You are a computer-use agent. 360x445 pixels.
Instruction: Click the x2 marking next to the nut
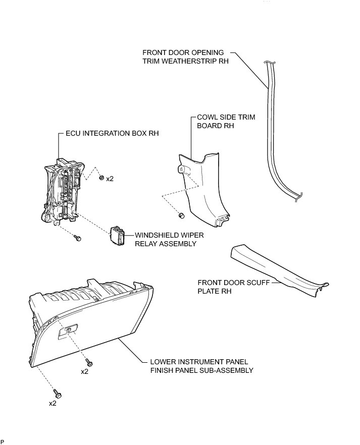click(x=110, y=179)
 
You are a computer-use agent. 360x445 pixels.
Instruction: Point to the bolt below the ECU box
click(x=77, y=237)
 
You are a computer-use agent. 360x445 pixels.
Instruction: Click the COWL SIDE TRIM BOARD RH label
click(x=226, y=122)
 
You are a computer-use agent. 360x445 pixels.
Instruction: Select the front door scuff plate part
click(x=278, y=269)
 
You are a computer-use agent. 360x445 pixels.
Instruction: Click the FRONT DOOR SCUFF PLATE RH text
click(x=232, y=287)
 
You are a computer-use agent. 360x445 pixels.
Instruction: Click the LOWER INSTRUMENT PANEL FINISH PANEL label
click(x=202, y=366)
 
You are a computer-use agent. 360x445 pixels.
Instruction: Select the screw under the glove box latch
click(x=89, y=362)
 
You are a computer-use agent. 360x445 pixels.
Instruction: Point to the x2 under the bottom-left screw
click(x=53, y=404)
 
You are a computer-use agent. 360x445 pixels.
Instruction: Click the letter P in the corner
click(x=3, y=441)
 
